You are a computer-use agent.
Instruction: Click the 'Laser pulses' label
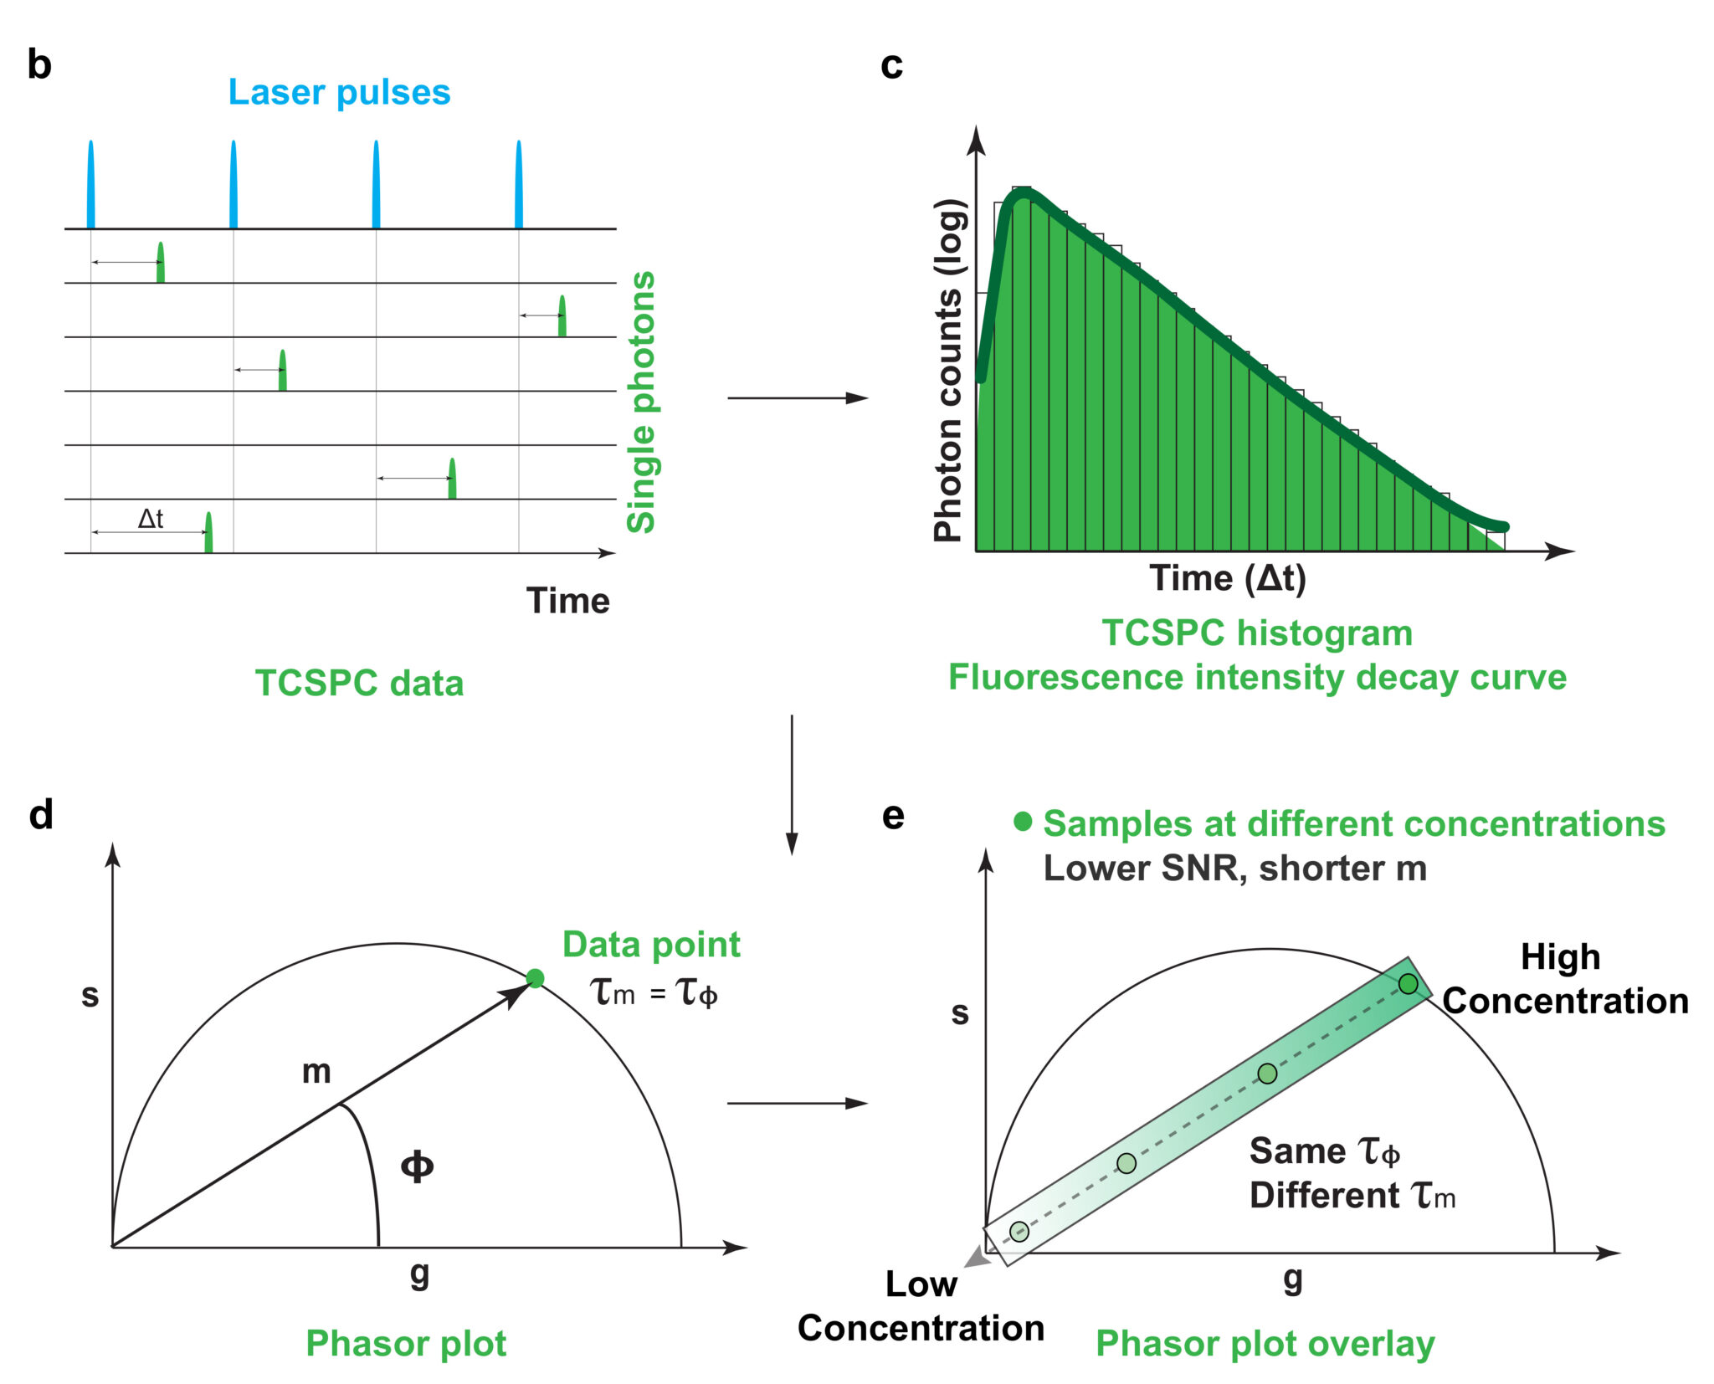[x=339, y=93]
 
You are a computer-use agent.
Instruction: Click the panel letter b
[x=39, y=64]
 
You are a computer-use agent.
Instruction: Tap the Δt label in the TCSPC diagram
[x=151, y=519]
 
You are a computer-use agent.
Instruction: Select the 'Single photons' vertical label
[x=642, y=402]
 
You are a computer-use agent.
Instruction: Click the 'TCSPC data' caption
[x=359, y=683]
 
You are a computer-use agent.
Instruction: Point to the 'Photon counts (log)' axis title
[x=949, y=370]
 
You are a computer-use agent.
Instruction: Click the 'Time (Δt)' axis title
[x=1228, y=579]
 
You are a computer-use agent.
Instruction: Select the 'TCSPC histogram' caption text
[x=1257, y=633]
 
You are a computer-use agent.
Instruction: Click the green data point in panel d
[x=536, y=978]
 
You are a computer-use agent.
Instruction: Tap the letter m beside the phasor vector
[x=316, y=1072]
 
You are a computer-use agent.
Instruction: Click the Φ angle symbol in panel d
[x=417, y=1166]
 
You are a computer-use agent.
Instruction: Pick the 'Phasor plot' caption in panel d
[x=406, y=1344]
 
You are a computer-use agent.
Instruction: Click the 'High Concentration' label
[x=1564, y=979]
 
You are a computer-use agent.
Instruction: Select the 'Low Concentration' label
[x=921, y=1306]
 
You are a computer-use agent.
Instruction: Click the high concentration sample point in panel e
[x=1409, y=983]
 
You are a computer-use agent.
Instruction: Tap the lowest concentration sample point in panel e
[x=1019, y=1231]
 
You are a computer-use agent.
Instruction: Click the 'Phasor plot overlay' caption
[x=1265, y=1344]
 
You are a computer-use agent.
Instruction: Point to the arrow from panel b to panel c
[x=798, y=398]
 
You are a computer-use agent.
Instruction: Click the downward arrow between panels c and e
[x=792, y=785]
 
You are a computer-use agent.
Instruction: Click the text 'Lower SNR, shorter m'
[x=1235, y=869]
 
